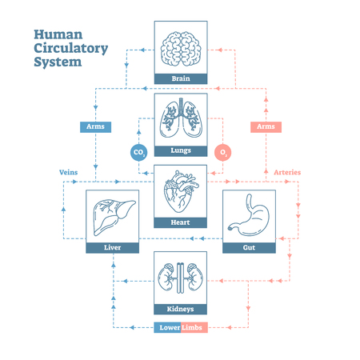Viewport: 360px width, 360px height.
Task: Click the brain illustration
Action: point(180,47)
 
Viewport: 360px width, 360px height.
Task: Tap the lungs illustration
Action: point(180,119)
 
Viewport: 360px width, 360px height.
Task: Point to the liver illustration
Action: point(112,215)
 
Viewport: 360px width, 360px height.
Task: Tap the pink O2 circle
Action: point(223,151)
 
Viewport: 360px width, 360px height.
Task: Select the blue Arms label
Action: point(94,126)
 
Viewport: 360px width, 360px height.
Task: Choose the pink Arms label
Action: point(265,126)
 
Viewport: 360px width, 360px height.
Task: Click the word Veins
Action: point(69,172)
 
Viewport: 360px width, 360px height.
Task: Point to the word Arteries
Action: point(288,172)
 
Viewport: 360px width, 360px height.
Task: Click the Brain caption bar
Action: point(180,78)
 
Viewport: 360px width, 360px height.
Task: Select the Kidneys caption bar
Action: point(180,309)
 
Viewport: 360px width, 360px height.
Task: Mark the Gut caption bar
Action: point(249,248)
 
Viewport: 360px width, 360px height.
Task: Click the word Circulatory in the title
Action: point(70,49)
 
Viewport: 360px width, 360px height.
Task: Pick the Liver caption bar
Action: point(112,248)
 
